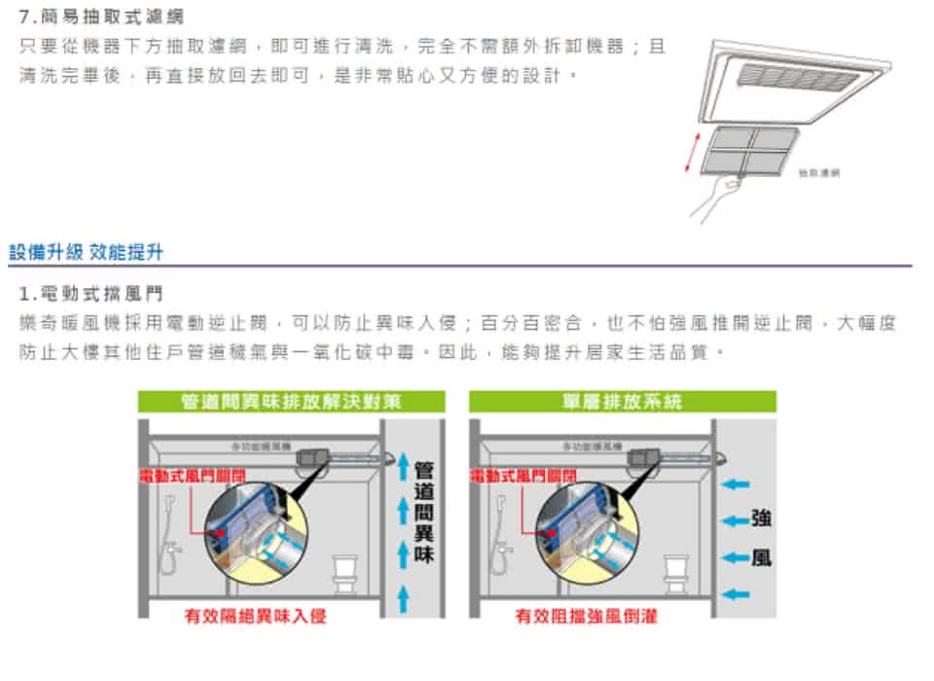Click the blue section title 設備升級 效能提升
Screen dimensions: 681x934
(86, 253)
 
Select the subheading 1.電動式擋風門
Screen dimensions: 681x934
(91, 293)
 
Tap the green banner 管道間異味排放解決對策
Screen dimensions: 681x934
(291, 402)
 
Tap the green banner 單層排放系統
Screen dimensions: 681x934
(622, 402)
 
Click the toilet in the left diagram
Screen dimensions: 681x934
(345, 573)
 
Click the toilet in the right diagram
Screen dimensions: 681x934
(676, 573)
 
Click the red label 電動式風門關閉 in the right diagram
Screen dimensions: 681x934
(523, 475)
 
